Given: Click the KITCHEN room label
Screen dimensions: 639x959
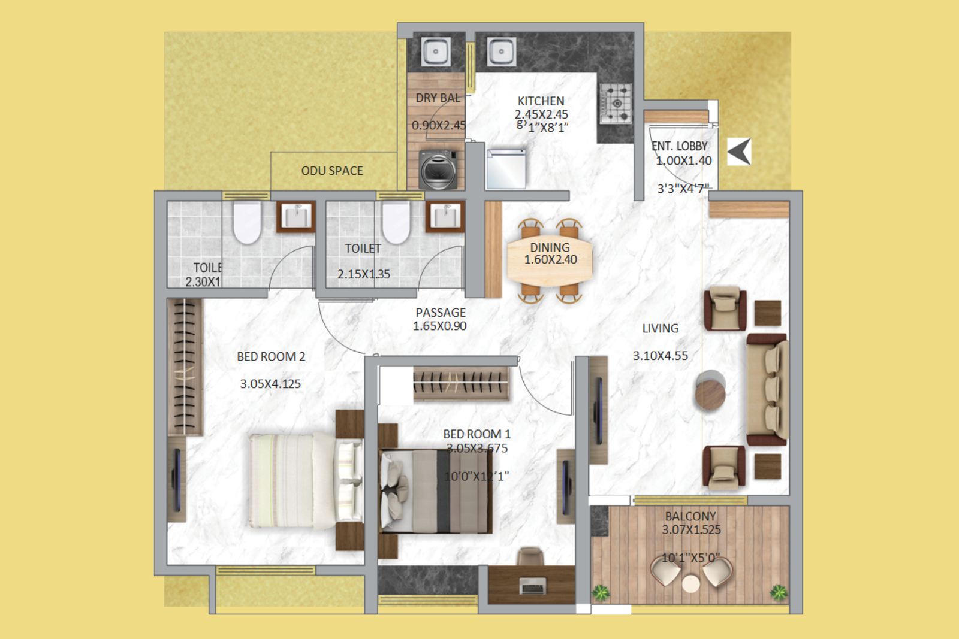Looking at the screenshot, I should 541,101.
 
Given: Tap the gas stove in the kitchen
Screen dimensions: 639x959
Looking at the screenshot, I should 616,103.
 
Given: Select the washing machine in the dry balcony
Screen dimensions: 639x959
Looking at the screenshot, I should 438,170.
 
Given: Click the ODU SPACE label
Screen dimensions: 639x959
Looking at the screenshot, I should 332,171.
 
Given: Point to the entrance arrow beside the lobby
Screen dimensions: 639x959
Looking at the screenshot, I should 739,152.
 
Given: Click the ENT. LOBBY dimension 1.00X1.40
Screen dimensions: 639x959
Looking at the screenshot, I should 683,160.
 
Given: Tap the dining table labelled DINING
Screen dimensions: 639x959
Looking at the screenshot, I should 550,261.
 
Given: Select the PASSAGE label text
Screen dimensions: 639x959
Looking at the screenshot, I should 441,313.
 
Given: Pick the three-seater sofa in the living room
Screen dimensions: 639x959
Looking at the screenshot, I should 767,390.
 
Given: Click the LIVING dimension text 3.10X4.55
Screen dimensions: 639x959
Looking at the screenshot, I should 661,356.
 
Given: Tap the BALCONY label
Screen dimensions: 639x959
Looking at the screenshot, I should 690,516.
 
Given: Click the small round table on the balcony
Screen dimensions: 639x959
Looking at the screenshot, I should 691,583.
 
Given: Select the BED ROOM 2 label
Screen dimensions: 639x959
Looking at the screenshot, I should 271,357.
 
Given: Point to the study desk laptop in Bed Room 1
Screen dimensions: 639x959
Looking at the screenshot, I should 532,585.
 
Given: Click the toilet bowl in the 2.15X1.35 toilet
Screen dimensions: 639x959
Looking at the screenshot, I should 396,222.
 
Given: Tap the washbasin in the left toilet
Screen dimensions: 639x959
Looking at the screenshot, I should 296,216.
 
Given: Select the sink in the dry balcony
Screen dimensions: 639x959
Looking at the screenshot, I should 436,52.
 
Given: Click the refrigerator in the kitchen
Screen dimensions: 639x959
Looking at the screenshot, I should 506,169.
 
